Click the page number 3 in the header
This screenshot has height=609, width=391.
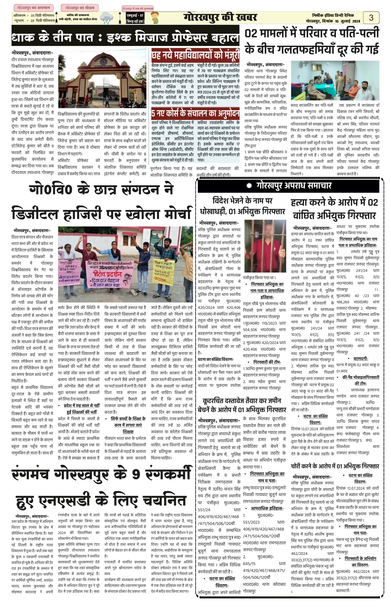[x=371, y=18]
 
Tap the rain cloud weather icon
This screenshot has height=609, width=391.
[x=107, y=18]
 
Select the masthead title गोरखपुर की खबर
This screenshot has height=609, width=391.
[x=220, y=18]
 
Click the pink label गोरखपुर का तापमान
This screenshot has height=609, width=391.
[x=34, y=8]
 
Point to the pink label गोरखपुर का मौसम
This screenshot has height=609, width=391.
[x=80, y=8]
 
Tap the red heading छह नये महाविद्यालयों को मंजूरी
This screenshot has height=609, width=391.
[x=195, y=54]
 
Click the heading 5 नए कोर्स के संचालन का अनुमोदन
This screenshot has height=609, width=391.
[x=195, y=113]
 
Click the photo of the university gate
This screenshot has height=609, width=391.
[x=102, y=79]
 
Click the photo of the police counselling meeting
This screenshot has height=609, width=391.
[x=335, y=80]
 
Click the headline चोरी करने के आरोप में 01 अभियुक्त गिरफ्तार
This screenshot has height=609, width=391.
[x=335, y=466]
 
